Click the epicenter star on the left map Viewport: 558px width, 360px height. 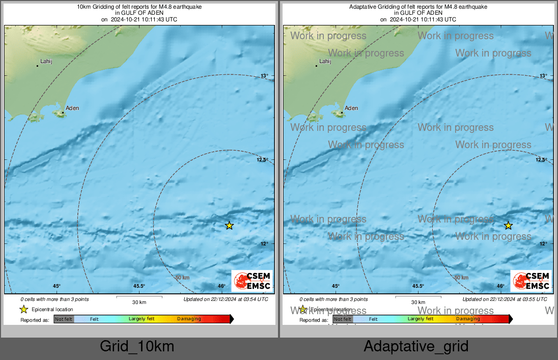(x=229, y=226)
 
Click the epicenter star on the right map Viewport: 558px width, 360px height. (x=508, y=226)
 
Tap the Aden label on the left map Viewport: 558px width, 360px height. (x=72, y=108)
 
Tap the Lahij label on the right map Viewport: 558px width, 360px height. (x=325, y=62)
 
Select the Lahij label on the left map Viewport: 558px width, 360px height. (x=46, y=62)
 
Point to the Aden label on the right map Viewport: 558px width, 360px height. (x=351, y=108)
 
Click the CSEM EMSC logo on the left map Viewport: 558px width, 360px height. (x=252, y=281)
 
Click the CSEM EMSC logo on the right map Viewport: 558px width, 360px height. (x=531, y=281)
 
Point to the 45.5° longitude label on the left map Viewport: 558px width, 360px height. (x=139, y=286)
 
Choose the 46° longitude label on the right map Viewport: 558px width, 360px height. (x=500, y=286)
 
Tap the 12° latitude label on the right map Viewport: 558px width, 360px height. (x=543, y=244)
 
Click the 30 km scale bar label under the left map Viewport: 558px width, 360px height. (x=139, y=302)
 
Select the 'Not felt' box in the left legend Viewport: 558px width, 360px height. (x=64, y=319)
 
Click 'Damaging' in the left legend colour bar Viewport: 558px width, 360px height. (x=189, y=319)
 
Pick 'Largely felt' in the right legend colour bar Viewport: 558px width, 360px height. (x=420, y=319)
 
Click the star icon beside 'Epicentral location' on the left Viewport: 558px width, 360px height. (x=23, y=309)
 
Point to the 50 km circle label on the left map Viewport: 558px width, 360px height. (x=182, y=278)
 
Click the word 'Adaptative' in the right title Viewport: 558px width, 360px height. (x=363, y=7)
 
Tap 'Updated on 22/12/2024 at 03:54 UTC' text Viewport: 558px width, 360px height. (x=226, y=299)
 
